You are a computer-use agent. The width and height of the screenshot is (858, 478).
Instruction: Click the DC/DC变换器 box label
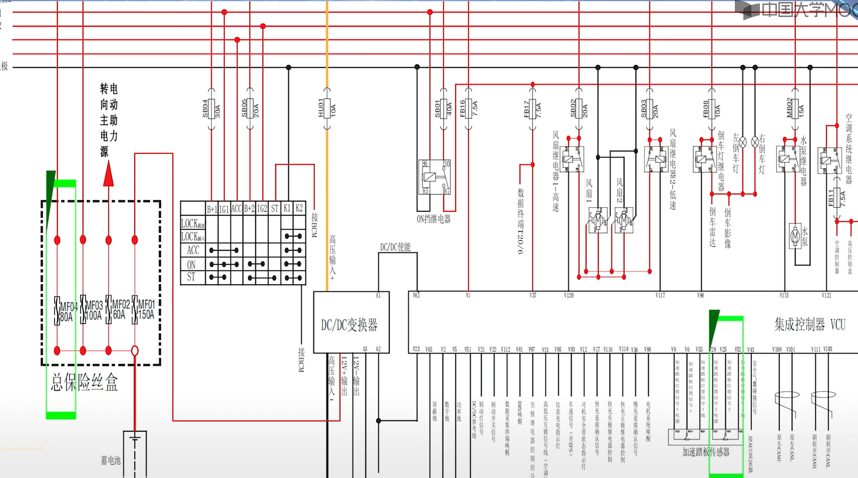pos(349,325)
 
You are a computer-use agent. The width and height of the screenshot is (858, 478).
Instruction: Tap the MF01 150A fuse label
pos(146,310)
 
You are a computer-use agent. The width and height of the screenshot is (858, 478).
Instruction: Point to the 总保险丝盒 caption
pos(84,383)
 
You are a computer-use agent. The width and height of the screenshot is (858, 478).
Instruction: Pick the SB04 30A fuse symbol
pos(211,109)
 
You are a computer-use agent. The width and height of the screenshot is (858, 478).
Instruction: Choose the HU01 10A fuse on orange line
pos(327,109)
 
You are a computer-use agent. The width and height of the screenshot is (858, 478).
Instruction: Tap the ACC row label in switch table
pos(193,250)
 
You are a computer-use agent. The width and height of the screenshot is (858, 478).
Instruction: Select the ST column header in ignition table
pos(274,208)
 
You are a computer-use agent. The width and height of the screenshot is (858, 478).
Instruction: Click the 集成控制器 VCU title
pos(809,325)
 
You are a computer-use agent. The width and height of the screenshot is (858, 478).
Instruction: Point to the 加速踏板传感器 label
pos(706,452)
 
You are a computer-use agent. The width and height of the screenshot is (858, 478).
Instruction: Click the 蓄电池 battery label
pos(111,460)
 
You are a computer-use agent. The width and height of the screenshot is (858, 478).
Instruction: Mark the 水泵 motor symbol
pos(795,235)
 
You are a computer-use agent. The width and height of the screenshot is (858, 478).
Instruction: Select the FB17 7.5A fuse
pos(533,109)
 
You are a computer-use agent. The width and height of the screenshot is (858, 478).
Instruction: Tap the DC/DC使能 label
pos(395,247)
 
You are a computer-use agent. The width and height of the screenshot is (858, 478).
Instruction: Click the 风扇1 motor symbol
pos(598,219)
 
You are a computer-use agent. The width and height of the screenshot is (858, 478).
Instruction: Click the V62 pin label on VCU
pos(416,295)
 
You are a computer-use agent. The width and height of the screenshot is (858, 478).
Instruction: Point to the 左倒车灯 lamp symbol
pos(743,142)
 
